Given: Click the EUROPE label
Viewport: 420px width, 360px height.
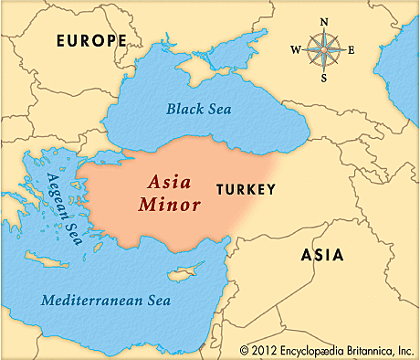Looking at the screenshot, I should click(90, 40).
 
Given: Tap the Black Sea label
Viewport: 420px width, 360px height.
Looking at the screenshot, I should click(199, 109).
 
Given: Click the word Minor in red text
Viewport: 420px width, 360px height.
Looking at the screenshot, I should click(169, 205).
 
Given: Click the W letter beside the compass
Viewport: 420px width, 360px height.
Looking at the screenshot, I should click(295, 49).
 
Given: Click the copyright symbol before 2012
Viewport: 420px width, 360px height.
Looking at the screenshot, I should click(244, 349).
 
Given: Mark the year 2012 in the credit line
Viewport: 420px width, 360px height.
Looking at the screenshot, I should click(262, 349).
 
